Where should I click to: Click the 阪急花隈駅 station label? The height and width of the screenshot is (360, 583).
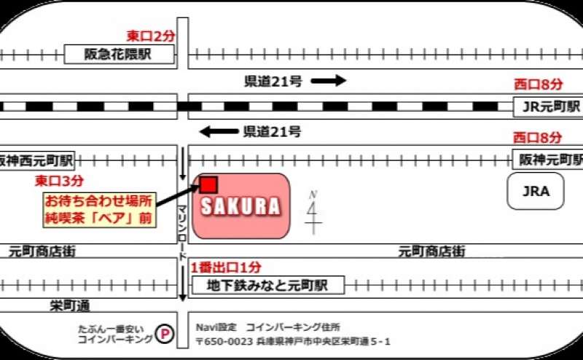pyautogui.click(x=120, y=55)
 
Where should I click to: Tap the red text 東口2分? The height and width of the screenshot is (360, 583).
pyautogui.click(x=150, y=36)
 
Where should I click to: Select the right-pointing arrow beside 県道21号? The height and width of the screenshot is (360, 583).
pyautogui.click(x=329, y=81)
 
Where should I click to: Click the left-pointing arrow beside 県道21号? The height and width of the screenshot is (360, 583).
pyautogui.click(x=218, y=132)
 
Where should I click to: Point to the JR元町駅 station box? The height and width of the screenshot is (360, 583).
pyautogui.click(x=548, y=106)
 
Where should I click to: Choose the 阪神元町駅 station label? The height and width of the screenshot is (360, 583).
pyautogui.click(x=547, y=158)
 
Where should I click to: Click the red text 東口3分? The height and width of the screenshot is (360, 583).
pyautogui.click(x=59, y=179)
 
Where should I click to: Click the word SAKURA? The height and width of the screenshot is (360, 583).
pyautogui.click(x=240, y=207)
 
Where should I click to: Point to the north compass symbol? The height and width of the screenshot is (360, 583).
pyautogui.click(x=314, y=212)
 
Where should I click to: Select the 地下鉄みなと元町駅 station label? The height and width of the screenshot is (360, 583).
pyautogui.click(x=267, y=285)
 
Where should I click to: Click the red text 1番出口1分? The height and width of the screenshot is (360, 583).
pyautogui.click(x=226, y=267)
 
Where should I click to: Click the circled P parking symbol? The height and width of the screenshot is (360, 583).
pyautogui.click(x=167, y=334)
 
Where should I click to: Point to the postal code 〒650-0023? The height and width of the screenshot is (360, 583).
pyautogui.click(x=224, y=341)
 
